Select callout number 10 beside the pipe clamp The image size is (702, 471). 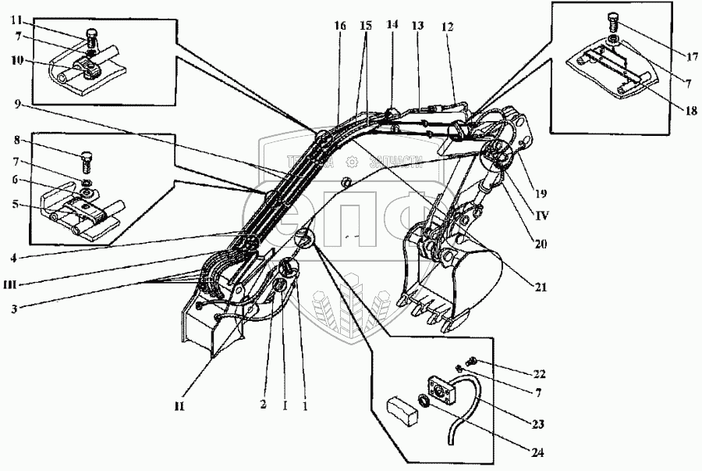pyautogui.click(x=17, y=59)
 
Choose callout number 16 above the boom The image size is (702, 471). pyautogui.click(x=340, y=26)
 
